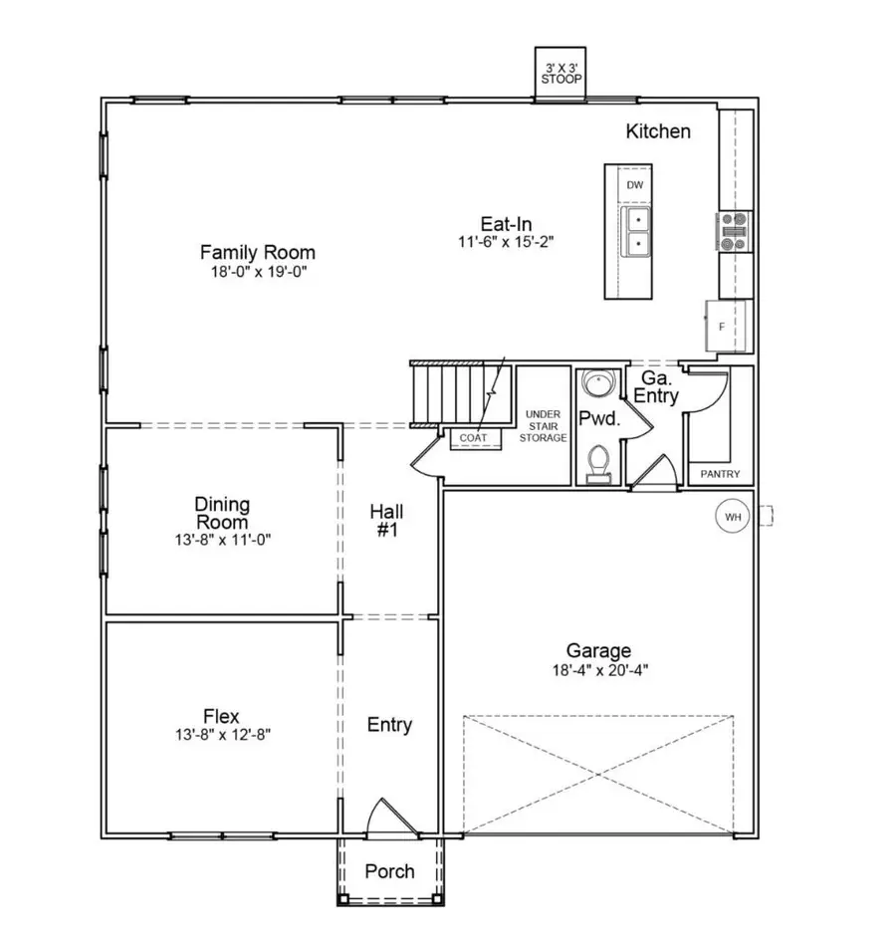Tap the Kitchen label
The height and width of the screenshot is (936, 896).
coord(657,131)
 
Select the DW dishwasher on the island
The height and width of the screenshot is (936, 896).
coord(635,185)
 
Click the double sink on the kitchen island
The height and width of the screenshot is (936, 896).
coord(635,230)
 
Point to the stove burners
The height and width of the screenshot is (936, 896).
coord(736,231)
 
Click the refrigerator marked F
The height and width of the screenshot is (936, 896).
coord(724,326)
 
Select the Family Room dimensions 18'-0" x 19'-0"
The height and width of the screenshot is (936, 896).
coord(257,272)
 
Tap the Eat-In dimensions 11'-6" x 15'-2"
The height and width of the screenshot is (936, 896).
coord(506,242)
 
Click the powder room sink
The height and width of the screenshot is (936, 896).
coord(597,384)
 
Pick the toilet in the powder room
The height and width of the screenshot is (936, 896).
coord(598,462)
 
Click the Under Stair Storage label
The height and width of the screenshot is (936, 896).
coord(545,425)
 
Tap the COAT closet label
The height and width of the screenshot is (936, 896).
coord(472,437)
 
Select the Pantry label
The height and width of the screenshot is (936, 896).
coord(721,475)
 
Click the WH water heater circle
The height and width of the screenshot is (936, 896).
coord(734,517)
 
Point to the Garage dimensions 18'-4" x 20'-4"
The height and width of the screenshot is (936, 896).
coord(599,669)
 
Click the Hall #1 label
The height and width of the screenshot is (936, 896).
coord(386,521)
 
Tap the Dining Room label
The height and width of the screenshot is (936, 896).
coord(222,514)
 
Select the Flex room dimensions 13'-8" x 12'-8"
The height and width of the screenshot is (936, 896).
coord(221,735)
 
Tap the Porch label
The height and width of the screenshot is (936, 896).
coord(389,871)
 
